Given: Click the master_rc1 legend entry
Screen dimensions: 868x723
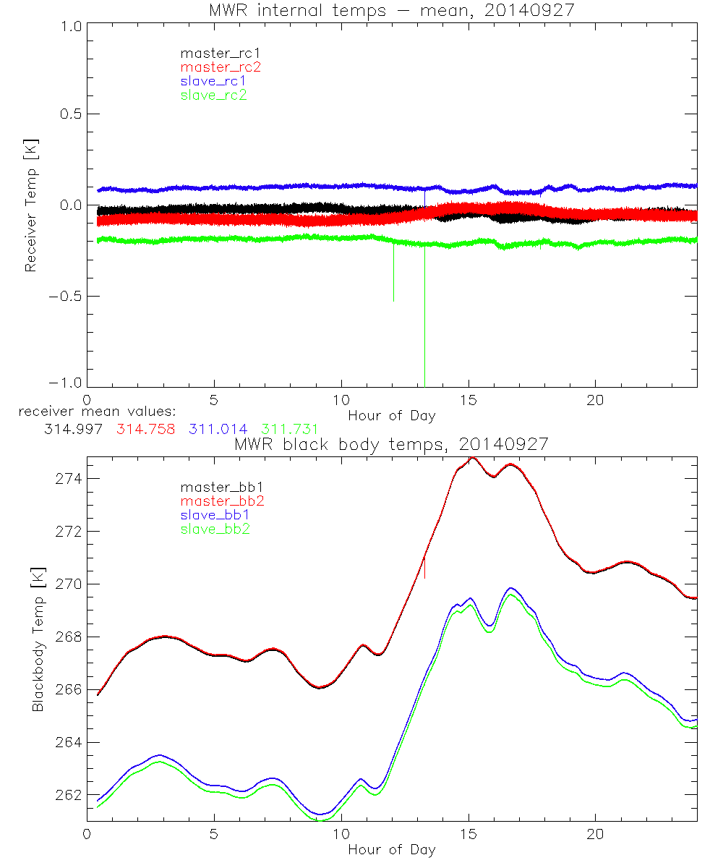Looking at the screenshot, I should coord(214,53).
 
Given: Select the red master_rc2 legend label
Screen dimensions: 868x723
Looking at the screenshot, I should coord(221,67).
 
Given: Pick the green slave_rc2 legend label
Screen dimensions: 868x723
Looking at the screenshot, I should coord(213,94).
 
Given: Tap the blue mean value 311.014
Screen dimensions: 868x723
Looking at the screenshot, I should coord(217,429).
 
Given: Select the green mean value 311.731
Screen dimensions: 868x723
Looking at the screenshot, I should coord(288,429).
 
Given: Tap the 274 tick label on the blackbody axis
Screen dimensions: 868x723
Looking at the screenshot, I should coord(68,479).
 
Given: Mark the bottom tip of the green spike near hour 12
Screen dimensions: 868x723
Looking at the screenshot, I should coord(393,301).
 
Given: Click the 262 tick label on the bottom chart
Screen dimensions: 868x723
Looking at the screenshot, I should coord(68,795).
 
